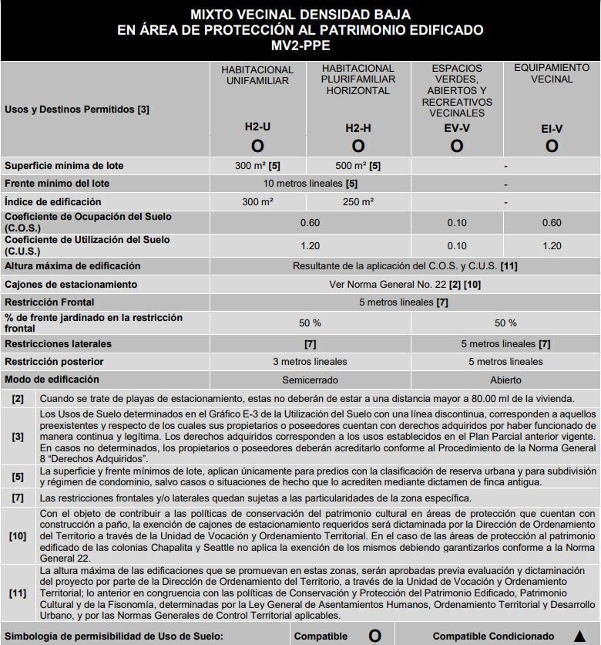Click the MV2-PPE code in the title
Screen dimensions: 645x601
tap(300, 46)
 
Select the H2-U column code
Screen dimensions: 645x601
tap(257, 128)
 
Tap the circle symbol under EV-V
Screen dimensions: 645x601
tap(457, 146)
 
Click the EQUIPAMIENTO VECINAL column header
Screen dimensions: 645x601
tap(552, 73)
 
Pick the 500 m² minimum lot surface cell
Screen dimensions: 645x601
tap(358, 166)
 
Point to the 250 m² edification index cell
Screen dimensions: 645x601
tap(358, 201)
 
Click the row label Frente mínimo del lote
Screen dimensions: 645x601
tap(57, 184)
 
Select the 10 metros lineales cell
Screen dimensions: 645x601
tap(310, 184)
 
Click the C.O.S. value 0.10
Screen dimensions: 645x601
tap(457, 222)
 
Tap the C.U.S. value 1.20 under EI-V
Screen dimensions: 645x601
tap(552, 246)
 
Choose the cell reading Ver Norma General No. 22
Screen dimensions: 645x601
tap(405, 285)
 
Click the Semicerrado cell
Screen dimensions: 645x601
tap(310, 380)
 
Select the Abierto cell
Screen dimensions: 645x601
tap(505, 380)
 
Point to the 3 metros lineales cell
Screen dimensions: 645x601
tap(310, 362)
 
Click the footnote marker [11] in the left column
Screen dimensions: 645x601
tap(18, 593)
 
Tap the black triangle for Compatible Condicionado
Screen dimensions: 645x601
tap(579, 636)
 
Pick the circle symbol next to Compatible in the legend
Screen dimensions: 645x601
tap(374, 636)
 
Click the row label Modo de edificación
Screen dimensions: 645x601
tap(52, 380)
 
